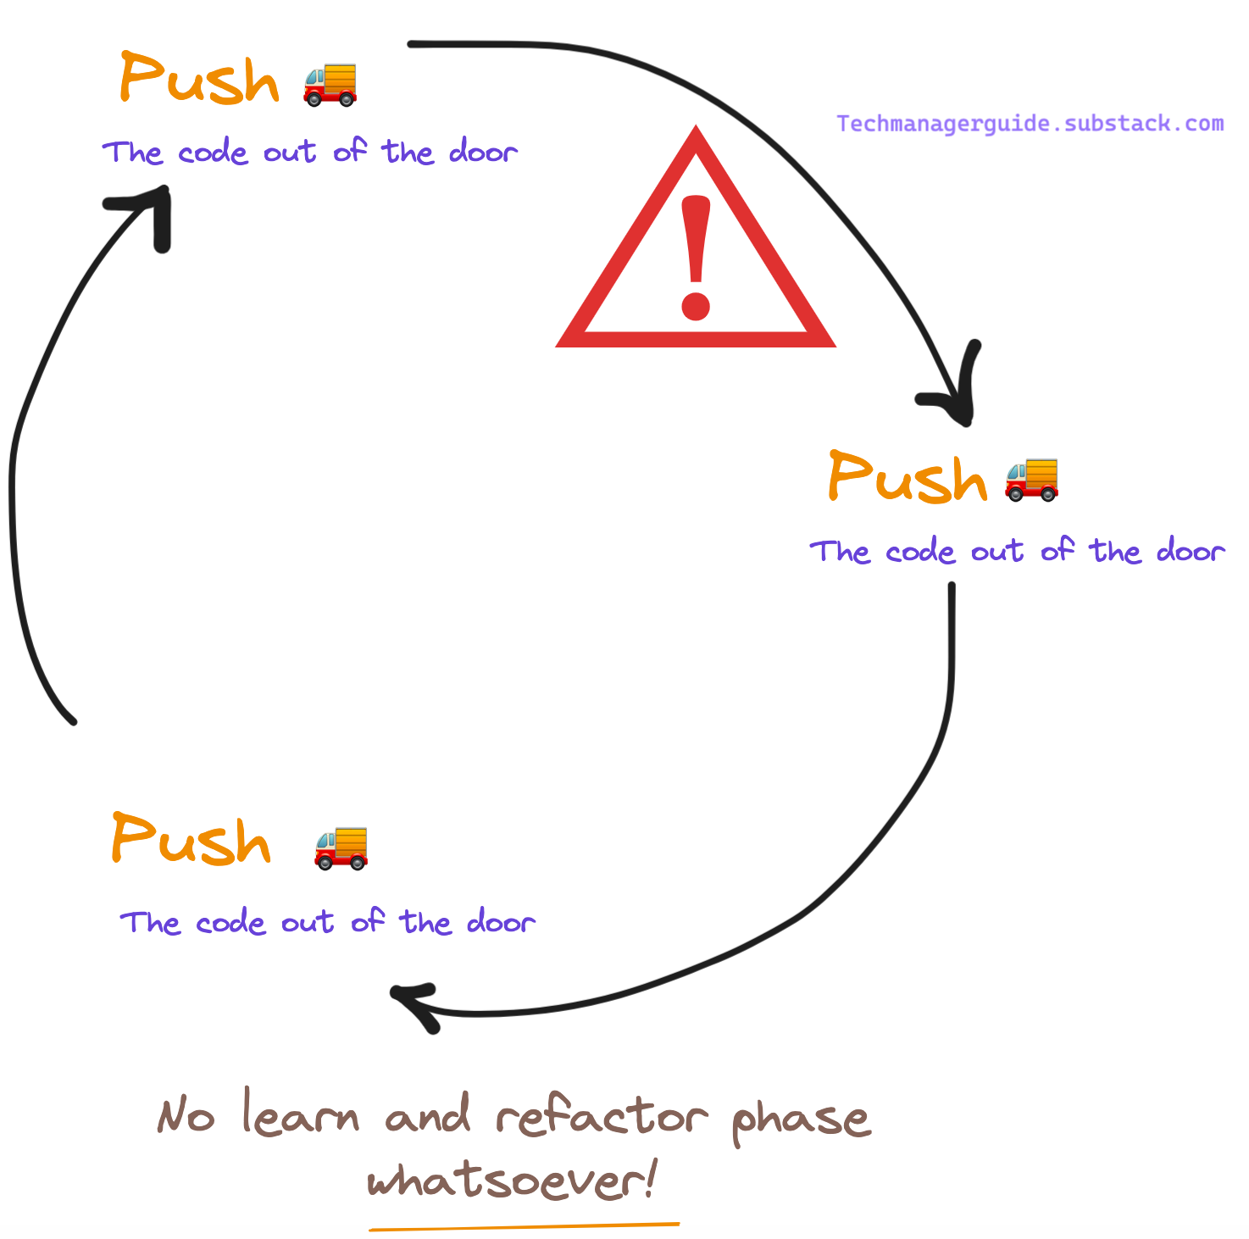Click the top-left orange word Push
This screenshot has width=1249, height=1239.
pyautogui.click(x=199, y=79)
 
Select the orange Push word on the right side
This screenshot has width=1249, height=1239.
pyautogui.click(x=908, y=477)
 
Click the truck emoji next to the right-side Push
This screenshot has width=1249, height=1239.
pyautogui.click(x=1031, y=479)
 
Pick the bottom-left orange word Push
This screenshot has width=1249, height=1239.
pyautogui.click(x=191, y=840)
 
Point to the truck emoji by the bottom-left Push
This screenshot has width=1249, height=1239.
pyautogui.click(x=341, y=847)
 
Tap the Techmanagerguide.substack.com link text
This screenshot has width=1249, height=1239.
pyautogui.click(x=1030, y=124)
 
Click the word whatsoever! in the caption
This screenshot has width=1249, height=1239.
pyautogui.click(x=511, y=1179)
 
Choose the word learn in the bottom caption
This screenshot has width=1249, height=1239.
pyautogui.click(x=301, y=1114)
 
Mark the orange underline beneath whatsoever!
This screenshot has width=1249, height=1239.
pyautogui.click(x=524, y=1225)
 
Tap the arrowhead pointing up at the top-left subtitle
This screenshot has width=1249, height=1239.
pyautogui.click(x=153, y=208)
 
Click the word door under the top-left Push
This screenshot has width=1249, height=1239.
pyautogui.click(x=483, y=153)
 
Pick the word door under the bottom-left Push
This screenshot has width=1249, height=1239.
pyautogui.click(x=501, y=922)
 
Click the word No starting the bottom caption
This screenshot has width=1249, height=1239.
pyautogui.click(x=186, y=1117)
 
